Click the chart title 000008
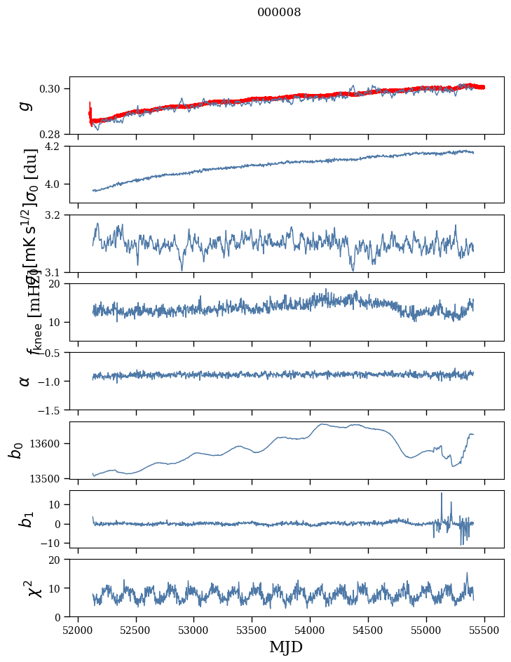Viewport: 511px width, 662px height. click(279, 13)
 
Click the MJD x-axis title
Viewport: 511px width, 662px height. click(286, 647)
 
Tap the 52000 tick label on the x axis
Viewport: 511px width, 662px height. click(78, 630)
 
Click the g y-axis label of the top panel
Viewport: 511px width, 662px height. click(25, 105)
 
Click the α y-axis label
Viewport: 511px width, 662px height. click(25, 381)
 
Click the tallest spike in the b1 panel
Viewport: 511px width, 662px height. click(442, 494)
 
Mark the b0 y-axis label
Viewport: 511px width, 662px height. click(15, 450)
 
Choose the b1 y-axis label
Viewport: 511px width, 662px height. click(26, 518)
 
